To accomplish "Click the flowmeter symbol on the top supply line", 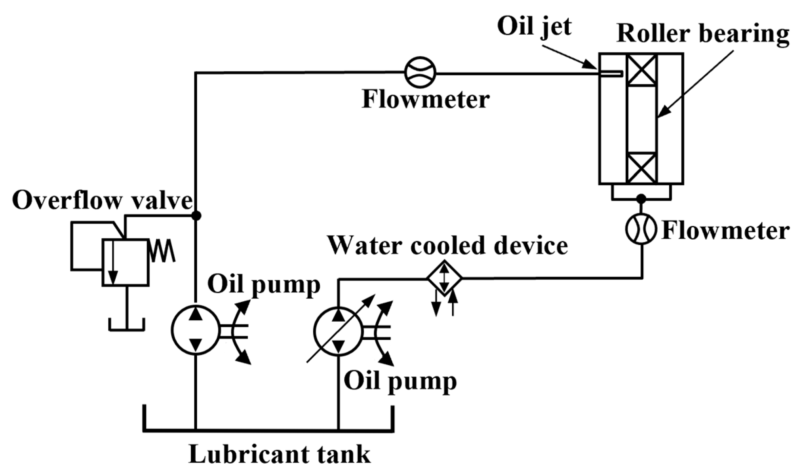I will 420,72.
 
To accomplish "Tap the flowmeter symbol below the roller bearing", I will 641,229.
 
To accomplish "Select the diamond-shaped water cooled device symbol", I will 444,278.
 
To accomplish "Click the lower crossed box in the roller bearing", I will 641,168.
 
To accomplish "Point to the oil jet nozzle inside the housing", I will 610,73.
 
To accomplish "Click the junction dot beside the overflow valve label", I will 196,215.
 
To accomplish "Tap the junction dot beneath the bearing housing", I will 641,198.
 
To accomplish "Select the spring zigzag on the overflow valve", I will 162,250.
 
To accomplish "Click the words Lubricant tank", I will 279,455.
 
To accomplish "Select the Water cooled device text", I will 447,246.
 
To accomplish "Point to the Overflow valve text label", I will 102,201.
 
